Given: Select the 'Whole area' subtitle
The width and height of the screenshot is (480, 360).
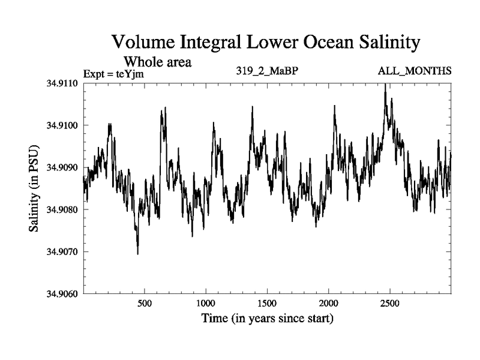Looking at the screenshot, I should click(x=158, y=62).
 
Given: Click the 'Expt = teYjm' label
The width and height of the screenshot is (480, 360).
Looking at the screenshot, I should click(x=114, y=74).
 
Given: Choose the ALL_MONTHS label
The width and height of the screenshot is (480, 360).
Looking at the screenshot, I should click(x=415, y=71).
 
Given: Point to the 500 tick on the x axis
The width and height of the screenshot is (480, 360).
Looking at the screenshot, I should click(x=144, y=304).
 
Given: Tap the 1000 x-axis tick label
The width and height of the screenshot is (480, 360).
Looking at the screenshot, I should click(x=205, y=304).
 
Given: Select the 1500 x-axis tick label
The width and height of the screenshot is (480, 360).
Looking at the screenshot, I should click(x=267, y=304).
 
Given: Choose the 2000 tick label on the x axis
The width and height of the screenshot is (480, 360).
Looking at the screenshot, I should click(x=329, y=304).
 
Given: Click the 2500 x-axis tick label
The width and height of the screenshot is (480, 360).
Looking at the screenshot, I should click(x=390, y=304).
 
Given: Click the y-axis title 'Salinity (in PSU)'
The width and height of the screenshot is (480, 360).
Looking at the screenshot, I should click(x=35, y=189).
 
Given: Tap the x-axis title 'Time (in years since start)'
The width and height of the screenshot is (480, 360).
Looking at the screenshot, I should click(x=267, y=319).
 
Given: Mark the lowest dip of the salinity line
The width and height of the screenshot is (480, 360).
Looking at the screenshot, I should click(x=138, y=254).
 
